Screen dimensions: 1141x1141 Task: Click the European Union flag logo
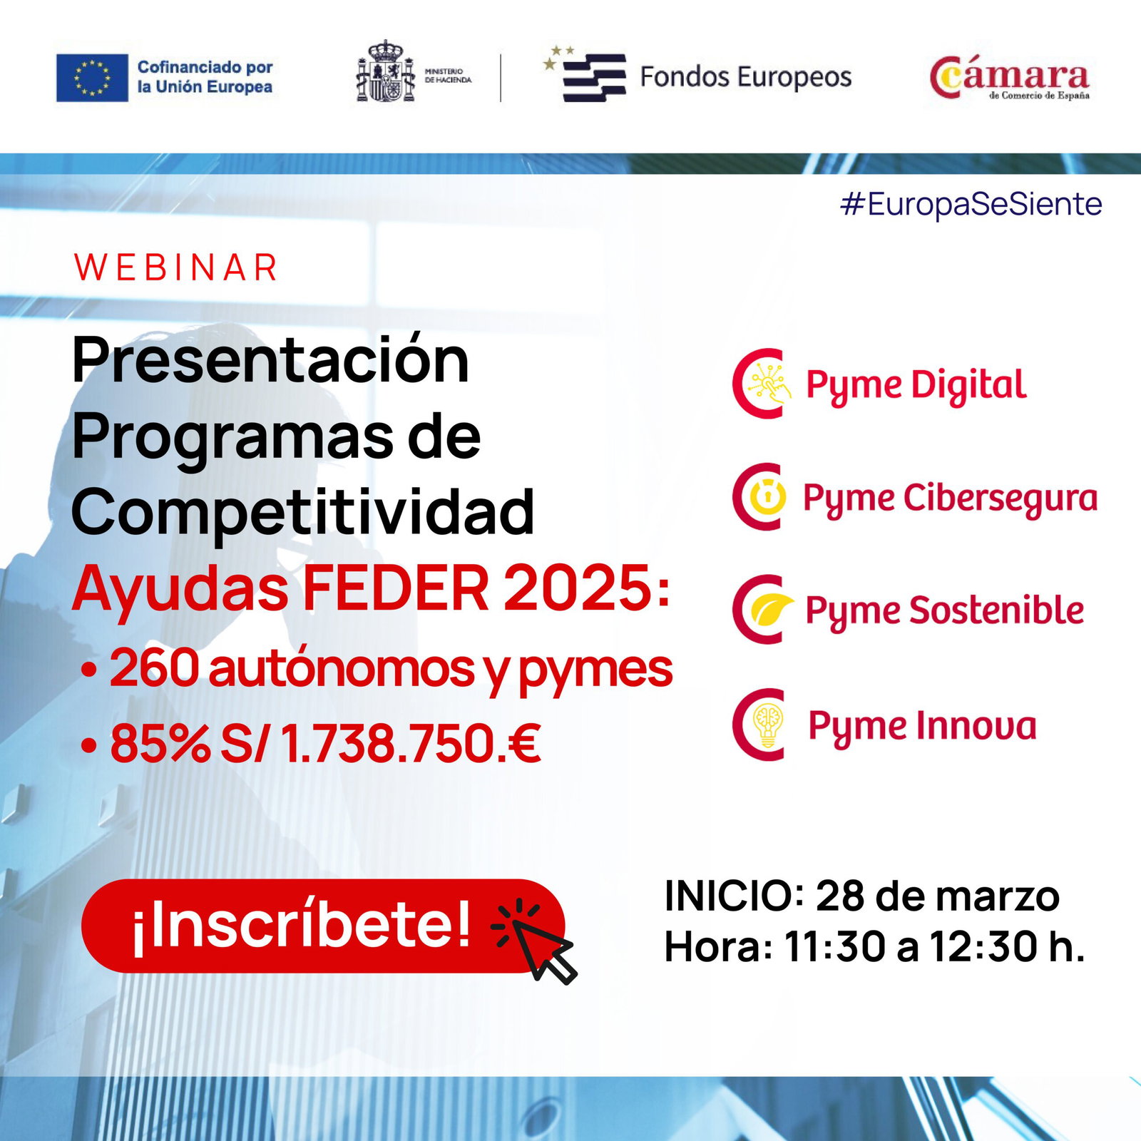pyautogui.click(x=92, y=78)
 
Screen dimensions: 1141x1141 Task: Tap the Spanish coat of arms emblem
pyautogui.click(x=385, y=71)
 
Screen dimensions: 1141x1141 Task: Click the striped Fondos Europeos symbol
pyautogui.click(x=586, y=76)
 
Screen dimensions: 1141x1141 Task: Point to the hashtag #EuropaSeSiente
pyautogui.click(x=971, y=204)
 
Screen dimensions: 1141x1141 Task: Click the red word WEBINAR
pyautogui.click(x=175, y=267)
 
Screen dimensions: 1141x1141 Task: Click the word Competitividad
pyautogui.click(x=303, y=512)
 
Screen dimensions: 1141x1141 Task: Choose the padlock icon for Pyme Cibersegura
pyautogui.click(x=767, y=496)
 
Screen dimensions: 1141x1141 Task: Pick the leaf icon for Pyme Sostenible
pyautogui.click(x=772, y=609)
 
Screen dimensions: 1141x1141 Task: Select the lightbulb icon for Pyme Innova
pyautogui.click(x=768, y=725)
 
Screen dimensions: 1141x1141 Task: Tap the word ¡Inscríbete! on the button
pyautogui.click(x=301, y=925)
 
